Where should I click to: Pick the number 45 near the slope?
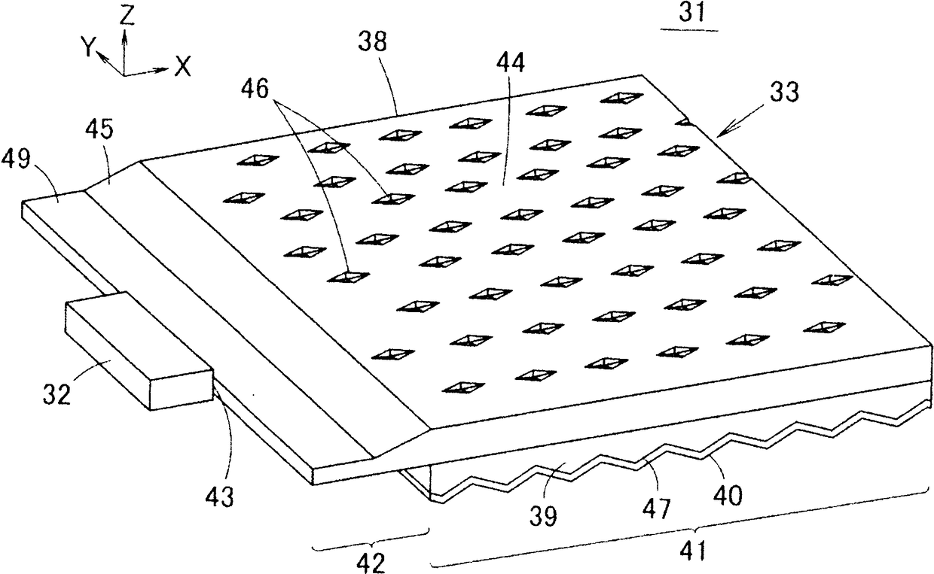tap(99, 131)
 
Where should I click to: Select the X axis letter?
tap(182, 68)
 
